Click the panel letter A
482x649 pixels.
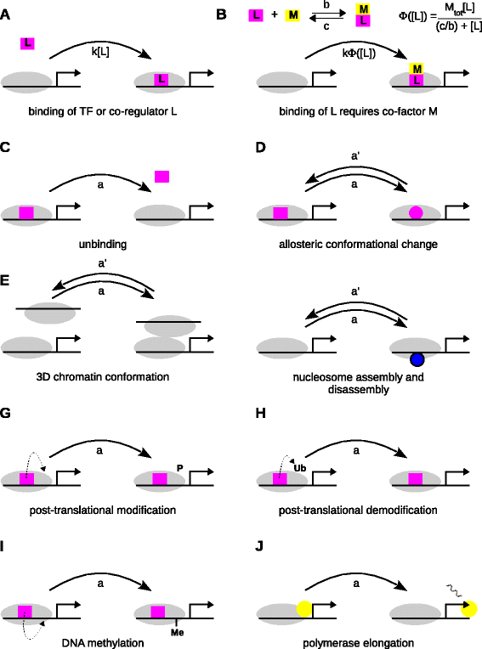(x=7, y=14)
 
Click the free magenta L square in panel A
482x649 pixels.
(x=29, y=42)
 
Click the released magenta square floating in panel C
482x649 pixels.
(x=162, y=176)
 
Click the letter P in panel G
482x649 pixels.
(x=180, y=467)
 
